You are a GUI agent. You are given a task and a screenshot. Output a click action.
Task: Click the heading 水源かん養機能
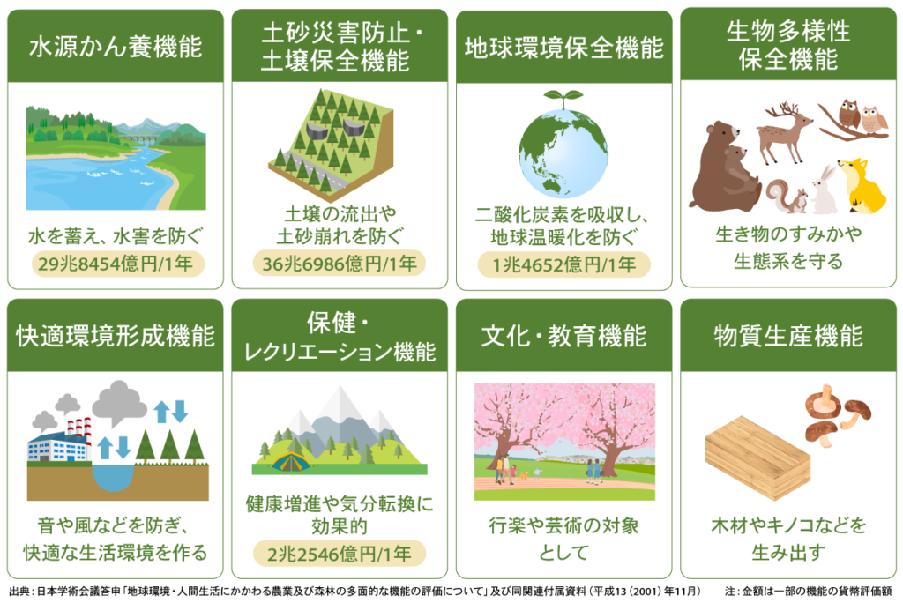(x=115, y=46)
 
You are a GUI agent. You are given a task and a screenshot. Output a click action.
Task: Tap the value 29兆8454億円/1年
(x=116, y=263)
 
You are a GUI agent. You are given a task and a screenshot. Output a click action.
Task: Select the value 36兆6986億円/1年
(x=340, y=263)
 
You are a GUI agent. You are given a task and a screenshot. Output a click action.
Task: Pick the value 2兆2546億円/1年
(x=340, y=554)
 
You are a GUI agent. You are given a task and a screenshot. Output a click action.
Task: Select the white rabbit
(x=825, y=192)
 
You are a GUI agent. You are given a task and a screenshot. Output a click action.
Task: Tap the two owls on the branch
(x=862, y=117)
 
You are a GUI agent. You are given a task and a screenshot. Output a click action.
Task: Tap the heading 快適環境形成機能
(x=115, y=336)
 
